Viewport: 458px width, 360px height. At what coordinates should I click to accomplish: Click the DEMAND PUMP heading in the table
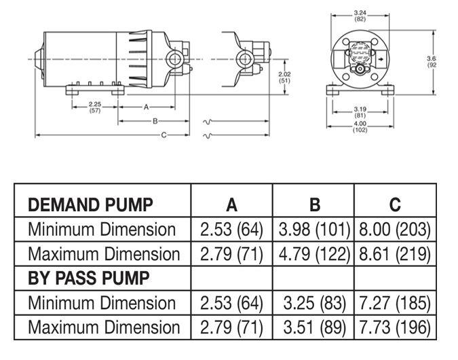[90, 204]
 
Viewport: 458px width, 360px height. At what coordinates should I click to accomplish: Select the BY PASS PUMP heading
[88, 278]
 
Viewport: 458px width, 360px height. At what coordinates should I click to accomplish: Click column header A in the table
[231, 204]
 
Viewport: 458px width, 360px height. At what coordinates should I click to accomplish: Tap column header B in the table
[314, 204]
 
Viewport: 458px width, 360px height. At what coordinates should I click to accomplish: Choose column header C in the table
[395, 204]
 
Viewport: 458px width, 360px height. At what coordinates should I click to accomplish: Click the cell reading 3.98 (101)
[314, 230]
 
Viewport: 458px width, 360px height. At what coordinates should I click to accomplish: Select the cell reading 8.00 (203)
[394, 230]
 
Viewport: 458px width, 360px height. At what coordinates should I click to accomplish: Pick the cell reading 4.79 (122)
[314, 254]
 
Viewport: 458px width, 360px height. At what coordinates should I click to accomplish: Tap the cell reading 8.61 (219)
[394, 254]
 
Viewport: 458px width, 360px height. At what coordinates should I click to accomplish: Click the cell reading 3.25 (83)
[314, 303]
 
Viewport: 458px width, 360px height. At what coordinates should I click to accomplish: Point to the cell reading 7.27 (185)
[394, 303]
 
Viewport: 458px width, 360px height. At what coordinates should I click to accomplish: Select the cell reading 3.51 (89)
[314, 327]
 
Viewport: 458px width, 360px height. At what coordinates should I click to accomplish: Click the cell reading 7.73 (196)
[394, 327]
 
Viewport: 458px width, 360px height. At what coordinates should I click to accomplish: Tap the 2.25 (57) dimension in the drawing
[95, 107]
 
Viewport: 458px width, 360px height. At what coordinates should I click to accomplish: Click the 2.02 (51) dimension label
[285, 77]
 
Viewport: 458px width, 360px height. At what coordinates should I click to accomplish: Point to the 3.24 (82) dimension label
[360, 15]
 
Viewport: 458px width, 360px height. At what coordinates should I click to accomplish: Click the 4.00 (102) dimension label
[360, 127]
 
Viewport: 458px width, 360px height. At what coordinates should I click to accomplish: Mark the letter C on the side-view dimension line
[164, 135]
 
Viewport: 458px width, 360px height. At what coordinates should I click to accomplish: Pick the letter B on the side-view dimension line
[155, 121]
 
